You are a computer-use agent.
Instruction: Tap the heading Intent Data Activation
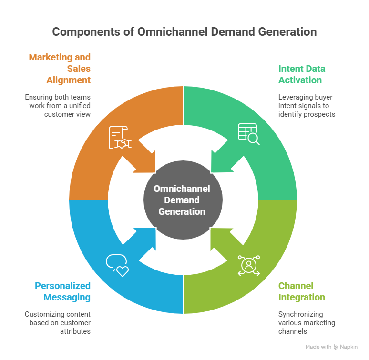pyautogui.click(x=302, y=74)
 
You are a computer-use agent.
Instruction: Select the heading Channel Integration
pyautogui.click(x=302, y=291)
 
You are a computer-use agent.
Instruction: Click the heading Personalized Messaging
pyautogui.click(x=62, y=291)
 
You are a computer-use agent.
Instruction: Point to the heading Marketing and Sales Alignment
pyautogui.click(x=60, y=69)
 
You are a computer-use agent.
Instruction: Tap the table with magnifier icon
pyautogui.click(x=248, y=134)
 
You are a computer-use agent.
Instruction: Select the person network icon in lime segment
pyautogui.click(x=248, y=266)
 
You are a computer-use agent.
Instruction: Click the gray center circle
pyautogui.click(x=184, y=200)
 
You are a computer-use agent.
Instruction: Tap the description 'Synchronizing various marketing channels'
pyautogui.click(x=307, y=322)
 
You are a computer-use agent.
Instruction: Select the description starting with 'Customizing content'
pyautogui.click(x=58, y=322)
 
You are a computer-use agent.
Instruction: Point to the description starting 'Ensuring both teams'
pyautogui.click(x=58, y=106)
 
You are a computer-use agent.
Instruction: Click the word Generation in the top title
pyautogui.click(x=288, y=32)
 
